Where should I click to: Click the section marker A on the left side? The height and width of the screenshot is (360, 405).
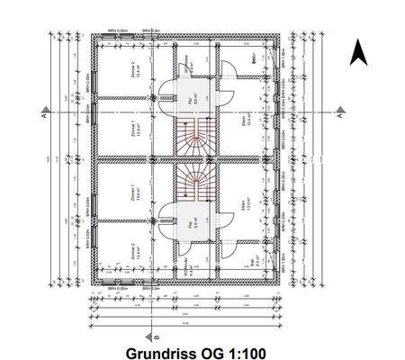(x=42, y=114)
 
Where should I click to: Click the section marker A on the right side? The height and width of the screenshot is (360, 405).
(x=339, y=114)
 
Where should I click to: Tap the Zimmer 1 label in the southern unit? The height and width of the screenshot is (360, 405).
(x=133, y=192)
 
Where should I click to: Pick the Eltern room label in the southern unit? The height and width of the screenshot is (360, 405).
(x=244, y=210)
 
